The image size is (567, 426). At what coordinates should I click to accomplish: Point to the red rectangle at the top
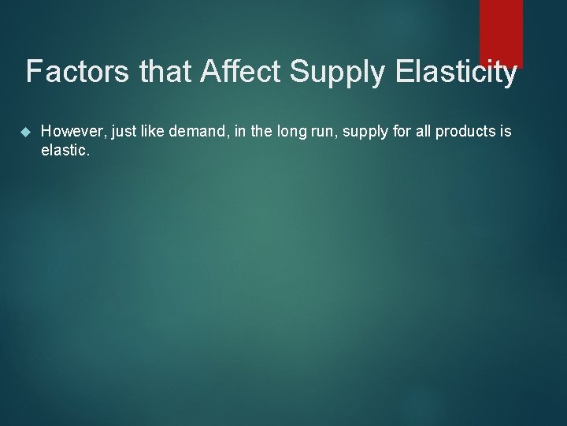pos(501,32)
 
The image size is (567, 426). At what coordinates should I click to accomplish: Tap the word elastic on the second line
pos(65,149)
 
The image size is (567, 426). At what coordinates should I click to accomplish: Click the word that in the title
pos(167,73)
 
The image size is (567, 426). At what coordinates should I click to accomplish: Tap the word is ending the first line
pos(506,132)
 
